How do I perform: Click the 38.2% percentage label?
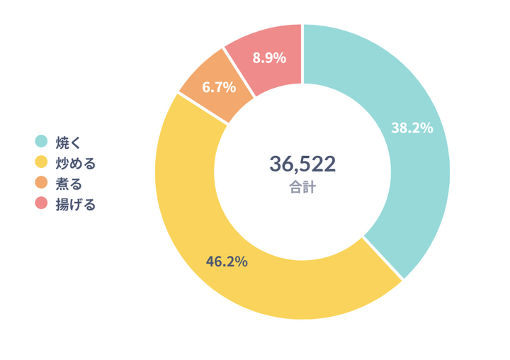click(412, 128)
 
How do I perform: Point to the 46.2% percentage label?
click(227, 261)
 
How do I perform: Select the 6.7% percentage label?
click(218, 88)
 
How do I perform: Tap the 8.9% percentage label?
click(268, 58)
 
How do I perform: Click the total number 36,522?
click(302, 164)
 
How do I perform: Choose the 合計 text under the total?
click(302, 188)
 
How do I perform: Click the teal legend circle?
click(41, 142)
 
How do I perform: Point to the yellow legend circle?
click(41, 163)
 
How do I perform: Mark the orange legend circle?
click(41, 184)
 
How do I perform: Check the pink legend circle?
click(41, 204)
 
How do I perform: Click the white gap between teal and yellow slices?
click(382, 258)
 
